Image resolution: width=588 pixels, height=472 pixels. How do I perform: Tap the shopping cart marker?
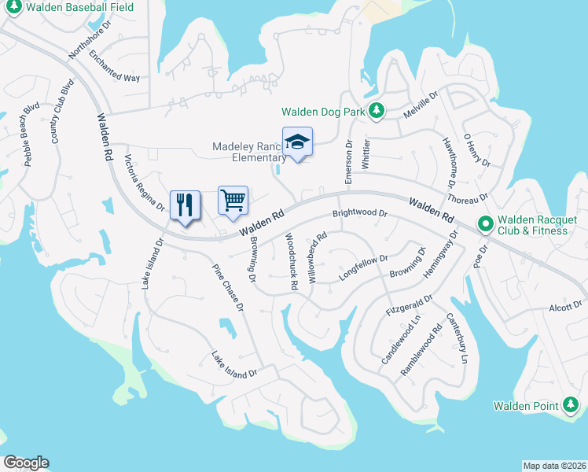(233, 201)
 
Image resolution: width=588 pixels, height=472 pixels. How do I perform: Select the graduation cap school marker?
(297, 142)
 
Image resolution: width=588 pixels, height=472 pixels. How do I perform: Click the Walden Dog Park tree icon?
(377, 112)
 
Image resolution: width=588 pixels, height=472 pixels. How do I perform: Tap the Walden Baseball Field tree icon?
(13, 7)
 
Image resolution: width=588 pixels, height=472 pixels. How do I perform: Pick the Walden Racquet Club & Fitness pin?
(485, 225)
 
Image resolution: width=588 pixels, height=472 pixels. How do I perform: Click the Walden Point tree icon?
(571, 406)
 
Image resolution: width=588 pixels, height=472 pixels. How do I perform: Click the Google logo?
(26, 463)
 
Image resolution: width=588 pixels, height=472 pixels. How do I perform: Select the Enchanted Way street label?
(114, 67)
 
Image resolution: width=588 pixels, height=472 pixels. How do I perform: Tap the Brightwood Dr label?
(360, 213)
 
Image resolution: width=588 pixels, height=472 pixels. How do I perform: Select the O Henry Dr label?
(476, 150)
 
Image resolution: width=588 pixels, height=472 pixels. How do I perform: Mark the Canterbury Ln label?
(457, 338)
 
